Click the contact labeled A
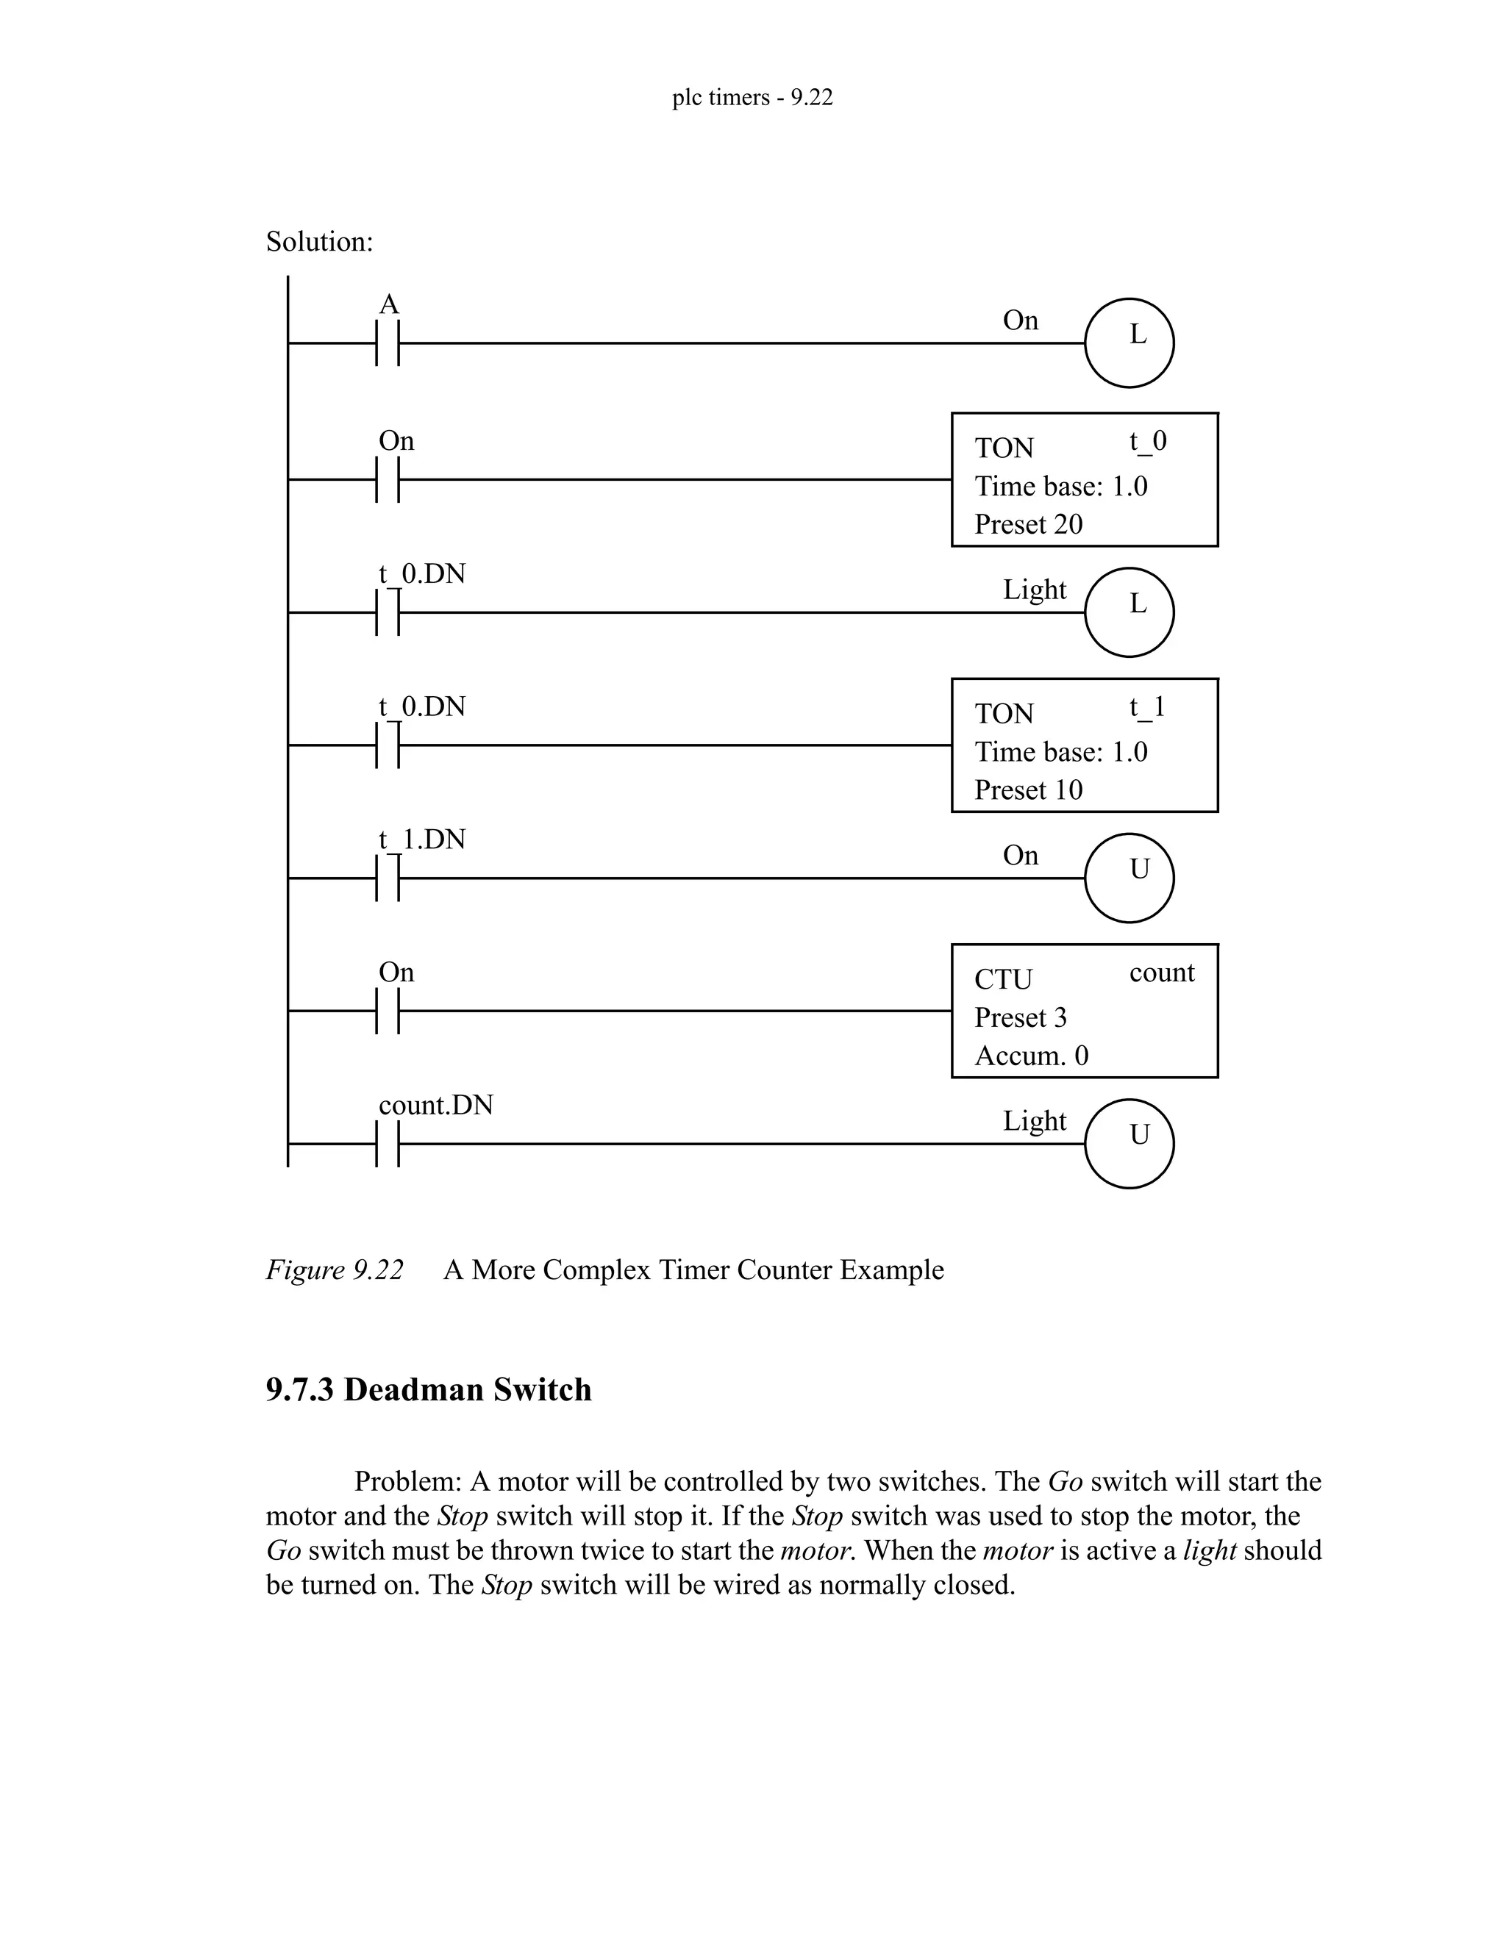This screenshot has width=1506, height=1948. pos(388,343)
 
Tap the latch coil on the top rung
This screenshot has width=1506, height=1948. pos(1129,343)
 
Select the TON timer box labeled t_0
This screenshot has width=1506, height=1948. pos(1084,480)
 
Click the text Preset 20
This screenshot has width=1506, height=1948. pos(1028,524)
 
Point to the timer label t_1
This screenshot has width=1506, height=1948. pos(1146,707)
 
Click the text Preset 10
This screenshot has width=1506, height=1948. pos(1028,790)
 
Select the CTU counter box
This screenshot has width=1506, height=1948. pos(1084,1011)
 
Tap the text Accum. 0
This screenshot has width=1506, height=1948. pos(1032,1056)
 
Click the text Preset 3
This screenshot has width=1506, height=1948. pos(1020,1017)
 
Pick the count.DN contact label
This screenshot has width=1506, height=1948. pos(435,1105)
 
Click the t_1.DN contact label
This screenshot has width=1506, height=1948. pos(422,839)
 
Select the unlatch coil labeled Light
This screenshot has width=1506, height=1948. pos(1129,1144)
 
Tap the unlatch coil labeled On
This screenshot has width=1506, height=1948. pos(1129,878)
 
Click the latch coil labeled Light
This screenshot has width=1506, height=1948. pos(1129,612)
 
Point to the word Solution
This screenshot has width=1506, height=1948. pos(319,242)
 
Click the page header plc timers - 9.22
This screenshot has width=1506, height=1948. pos(752,97)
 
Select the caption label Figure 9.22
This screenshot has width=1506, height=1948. pos(335,1270)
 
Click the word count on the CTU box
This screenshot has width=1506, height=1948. pos(1160,973)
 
